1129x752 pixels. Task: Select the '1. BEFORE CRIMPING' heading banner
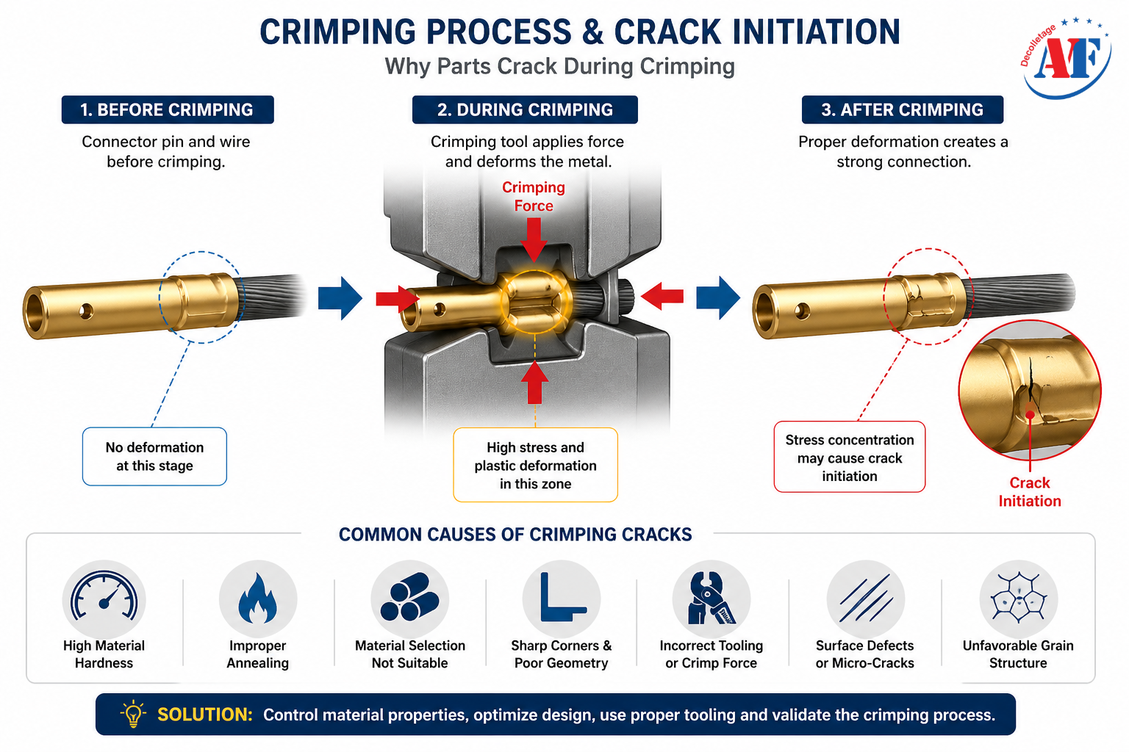point(167,110)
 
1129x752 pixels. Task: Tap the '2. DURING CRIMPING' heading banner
point(525,110)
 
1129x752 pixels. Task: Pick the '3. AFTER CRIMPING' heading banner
point(902,110)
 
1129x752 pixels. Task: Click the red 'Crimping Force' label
point(534,197)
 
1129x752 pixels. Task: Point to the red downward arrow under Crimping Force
point(534,239)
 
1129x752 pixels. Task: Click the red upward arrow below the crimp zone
point(534,382)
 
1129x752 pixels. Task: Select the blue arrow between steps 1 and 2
point(340,298)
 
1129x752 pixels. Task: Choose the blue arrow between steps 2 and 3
point(717,298)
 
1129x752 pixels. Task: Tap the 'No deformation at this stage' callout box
point(154,457)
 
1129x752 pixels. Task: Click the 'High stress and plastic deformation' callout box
point(535,466)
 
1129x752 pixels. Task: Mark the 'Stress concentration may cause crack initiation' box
point(849,458)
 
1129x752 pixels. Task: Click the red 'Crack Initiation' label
point(1029,492)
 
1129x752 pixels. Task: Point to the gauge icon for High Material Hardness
point(104,599)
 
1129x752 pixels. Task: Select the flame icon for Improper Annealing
point(258,599)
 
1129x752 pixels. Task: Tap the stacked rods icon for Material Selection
point(409,599)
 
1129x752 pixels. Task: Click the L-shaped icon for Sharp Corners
point(562,599)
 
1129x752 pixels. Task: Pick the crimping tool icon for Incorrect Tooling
point(711,599)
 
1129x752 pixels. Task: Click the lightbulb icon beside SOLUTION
point(133,715)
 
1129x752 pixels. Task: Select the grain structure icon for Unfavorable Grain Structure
point(1018,599)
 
